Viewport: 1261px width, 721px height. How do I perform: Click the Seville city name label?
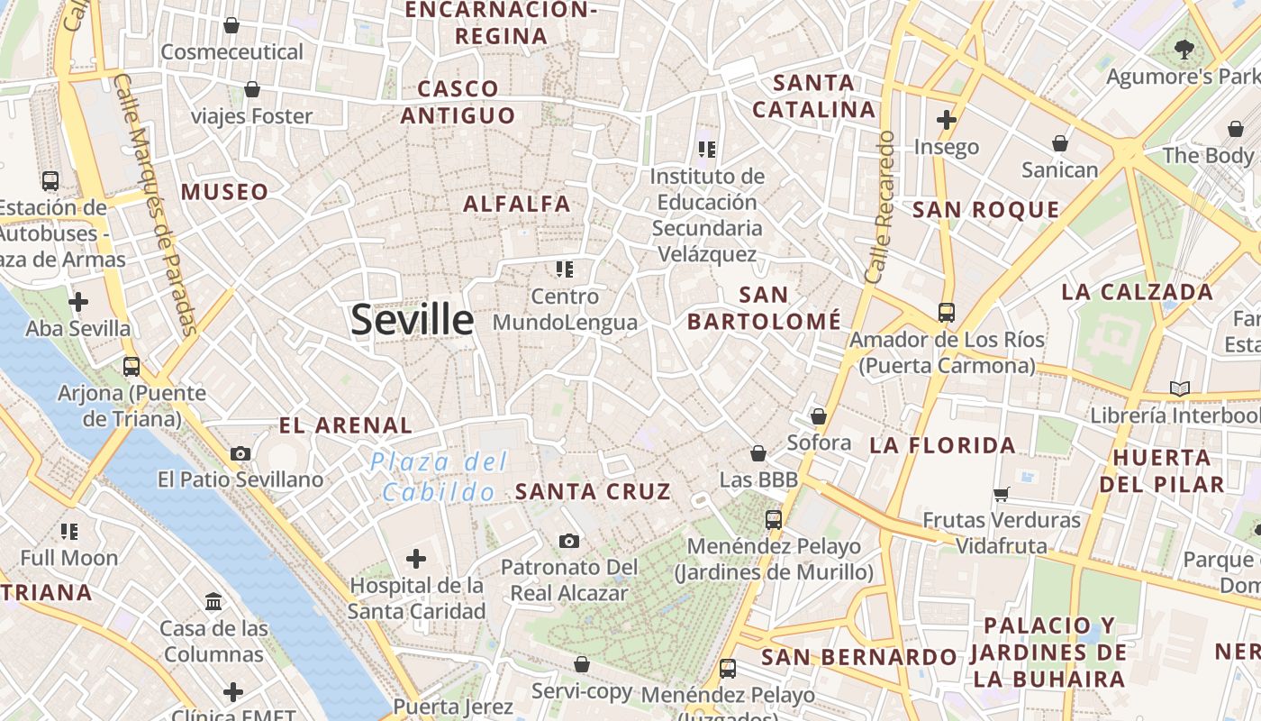[412, 320]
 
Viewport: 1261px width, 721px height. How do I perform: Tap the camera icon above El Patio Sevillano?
[240, 453]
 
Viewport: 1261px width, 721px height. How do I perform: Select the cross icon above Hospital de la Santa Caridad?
[415, 559]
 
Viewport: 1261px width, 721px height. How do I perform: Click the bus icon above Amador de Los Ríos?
[946, 313]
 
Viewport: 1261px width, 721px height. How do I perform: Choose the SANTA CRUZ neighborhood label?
[593, 491]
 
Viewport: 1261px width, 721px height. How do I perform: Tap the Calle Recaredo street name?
[879, 207]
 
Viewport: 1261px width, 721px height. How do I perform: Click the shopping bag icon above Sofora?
[818, 416]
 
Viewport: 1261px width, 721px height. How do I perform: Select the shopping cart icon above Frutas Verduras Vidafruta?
[1001, 494]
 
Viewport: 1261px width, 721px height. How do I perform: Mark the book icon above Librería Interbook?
[1179, 388]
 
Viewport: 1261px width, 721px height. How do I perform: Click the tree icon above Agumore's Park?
[1184, 50]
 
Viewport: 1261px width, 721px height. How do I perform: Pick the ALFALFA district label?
[517, 204]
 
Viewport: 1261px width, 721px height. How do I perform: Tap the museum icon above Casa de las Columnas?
[213, 601]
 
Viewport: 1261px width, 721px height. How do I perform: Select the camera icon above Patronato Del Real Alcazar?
[568, 541]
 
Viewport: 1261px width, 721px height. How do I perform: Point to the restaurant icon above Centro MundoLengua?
[565, 269]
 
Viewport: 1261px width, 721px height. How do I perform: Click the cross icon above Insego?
[946, 119]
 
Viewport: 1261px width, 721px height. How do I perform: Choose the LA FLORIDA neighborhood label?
[942, 445]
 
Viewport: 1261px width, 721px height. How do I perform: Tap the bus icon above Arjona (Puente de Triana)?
[132, 367]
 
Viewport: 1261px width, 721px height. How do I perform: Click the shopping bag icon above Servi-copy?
[582, 665]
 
